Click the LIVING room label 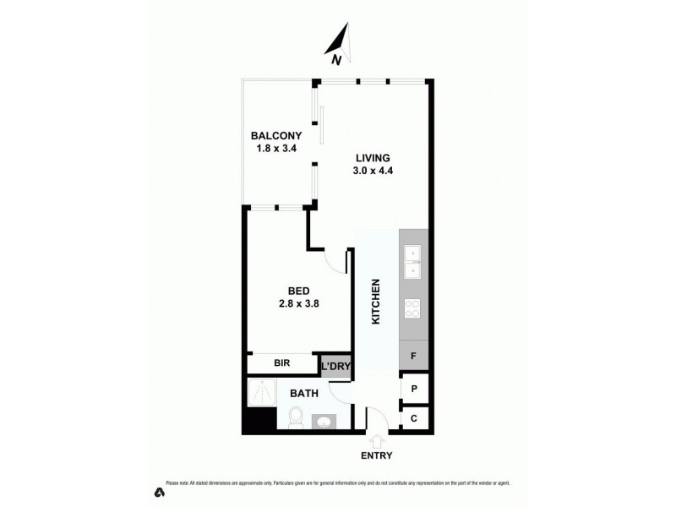373,157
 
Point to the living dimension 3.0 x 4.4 373,170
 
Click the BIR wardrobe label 282,363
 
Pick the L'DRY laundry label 336,365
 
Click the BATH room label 303,393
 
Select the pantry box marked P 414,389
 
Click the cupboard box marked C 414,418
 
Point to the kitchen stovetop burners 414,308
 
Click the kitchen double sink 414,262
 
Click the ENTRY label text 377,455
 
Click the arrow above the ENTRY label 377,439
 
